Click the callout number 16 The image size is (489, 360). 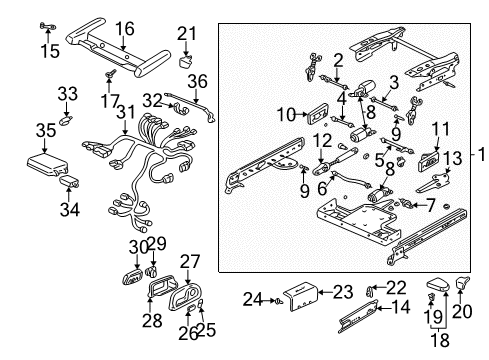point(124,28)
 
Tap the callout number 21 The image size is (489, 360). point(186,35)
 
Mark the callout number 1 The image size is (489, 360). point(481,154)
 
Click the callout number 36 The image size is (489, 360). point(199,81)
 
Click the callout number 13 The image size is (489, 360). point(453,157)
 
